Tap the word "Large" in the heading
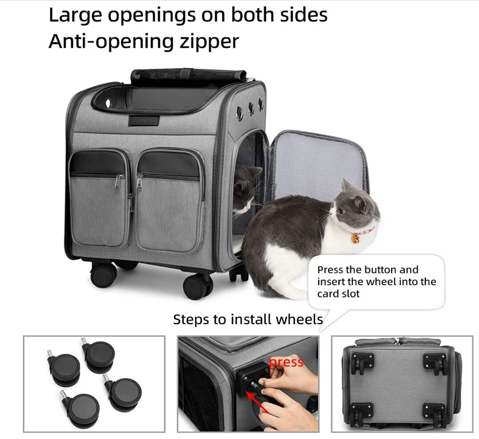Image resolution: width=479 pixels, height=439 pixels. (x=76, y=16)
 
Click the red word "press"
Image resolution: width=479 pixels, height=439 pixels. (x=286, y=362)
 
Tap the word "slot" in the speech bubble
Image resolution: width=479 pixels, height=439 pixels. (x=350, y=294)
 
